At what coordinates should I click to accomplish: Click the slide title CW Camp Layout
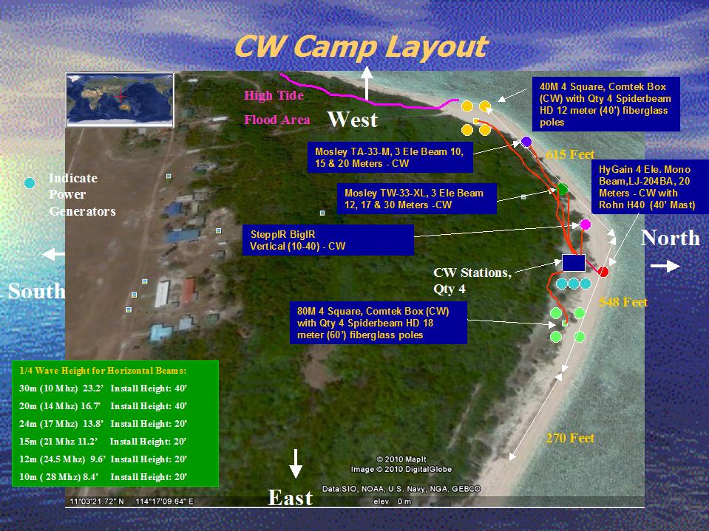361,47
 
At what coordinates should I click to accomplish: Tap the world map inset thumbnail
121,99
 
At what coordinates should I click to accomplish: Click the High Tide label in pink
274,95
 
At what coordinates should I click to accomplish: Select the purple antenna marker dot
526,142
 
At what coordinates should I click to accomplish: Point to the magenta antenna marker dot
585,225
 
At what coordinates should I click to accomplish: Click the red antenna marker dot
603,271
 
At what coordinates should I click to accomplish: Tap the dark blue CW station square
574,263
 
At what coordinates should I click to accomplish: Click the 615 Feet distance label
570,154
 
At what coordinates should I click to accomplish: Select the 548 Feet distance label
623,302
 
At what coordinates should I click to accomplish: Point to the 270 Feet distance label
570,438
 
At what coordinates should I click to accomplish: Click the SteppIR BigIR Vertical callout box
328,240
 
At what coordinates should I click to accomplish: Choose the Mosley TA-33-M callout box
390,157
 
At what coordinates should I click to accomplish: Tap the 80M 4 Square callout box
378,323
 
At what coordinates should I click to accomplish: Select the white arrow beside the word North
665,267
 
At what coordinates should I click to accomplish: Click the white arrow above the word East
295,464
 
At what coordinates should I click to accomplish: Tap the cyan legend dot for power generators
30,183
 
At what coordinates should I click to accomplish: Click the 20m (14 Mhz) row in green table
103,406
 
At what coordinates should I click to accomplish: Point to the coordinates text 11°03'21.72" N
97,501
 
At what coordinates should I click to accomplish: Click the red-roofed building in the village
189,290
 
